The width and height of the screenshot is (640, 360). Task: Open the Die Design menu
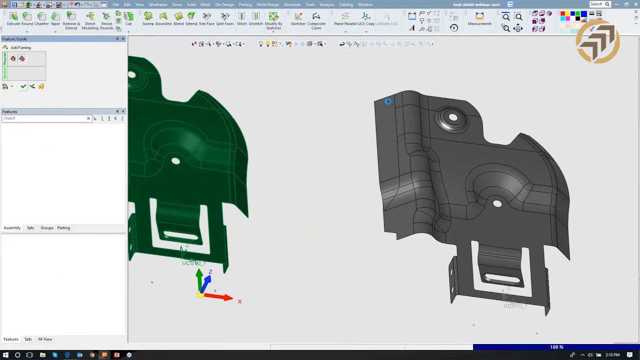pyautogui.click(x=224, y=4)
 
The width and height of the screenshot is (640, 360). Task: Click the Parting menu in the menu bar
pyautogui.click(x=245, y=4)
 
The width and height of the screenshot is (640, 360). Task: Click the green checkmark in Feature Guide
pyautogui.click(x=23, y=86)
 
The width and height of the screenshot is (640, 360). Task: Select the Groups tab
pyautogui.click(x=47, y=228)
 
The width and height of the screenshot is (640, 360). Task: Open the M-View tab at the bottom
pyautogui.click(x=45, y=339)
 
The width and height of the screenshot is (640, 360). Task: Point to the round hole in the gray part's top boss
pyautogui.click(x=452, y=117)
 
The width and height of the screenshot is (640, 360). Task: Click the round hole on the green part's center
pyautogui.click(x=175, y=161)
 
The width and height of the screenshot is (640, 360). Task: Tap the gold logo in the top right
pyautogui.click(x=597, y=42)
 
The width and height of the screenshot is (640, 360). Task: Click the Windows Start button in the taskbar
pyautogui.click(x=5, y=355)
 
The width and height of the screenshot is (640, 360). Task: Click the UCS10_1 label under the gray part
pyautogui.click(x=515, y=305)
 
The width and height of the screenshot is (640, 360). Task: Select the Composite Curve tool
pyautogui.click(x=316, y=19)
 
